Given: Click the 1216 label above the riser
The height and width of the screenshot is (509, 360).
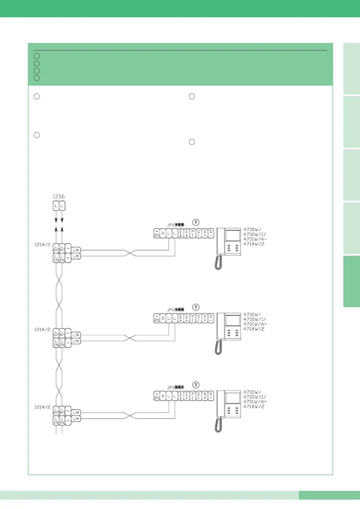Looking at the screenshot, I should (x=59, y=196).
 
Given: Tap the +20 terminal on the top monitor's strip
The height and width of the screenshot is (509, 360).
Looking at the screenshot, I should (x=157, y=233).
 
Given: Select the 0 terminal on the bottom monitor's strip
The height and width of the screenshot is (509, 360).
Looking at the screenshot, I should (x=163, y=396).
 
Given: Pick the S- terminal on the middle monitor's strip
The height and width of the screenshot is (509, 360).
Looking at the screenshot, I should (x=211, y=318).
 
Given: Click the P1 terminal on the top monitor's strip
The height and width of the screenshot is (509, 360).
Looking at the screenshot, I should (x=193, y=233).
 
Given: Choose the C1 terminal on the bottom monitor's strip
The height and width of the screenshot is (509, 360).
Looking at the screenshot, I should (x=199, y=396).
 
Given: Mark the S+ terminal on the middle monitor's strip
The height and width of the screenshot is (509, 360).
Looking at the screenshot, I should (x=205, y=318).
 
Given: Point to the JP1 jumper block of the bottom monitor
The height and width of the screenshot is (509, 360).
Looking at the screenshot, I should (x=179, y=387).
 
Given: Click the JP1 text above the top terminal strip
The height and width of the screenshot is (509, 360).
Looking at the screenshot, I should (x=170, y=225).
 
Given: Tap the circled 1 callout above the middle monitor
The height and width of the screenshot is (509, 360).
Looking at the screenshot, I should (x=196, y=307).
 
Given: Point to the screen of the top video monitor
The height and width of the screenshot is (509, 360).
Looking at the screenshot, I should (x=233, y=235).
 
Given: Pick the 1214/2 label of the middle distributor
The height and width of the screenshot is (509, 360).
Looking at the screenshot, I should (x=42, y=330).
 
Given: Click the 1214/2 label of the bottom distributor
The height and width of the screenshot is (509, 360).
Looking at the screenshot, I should (x=42, y=407).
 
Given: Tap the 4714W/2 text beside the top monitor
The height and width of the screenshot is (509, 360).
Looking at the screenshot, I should (x=254, y=244).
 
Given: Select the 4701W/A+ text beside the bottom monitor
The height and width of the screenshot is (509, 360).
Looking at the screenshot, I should (x=255, y=402).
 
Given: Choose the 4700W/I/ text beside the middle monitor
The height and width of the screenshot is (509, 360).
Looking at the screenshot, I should (x=255, y=319).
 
